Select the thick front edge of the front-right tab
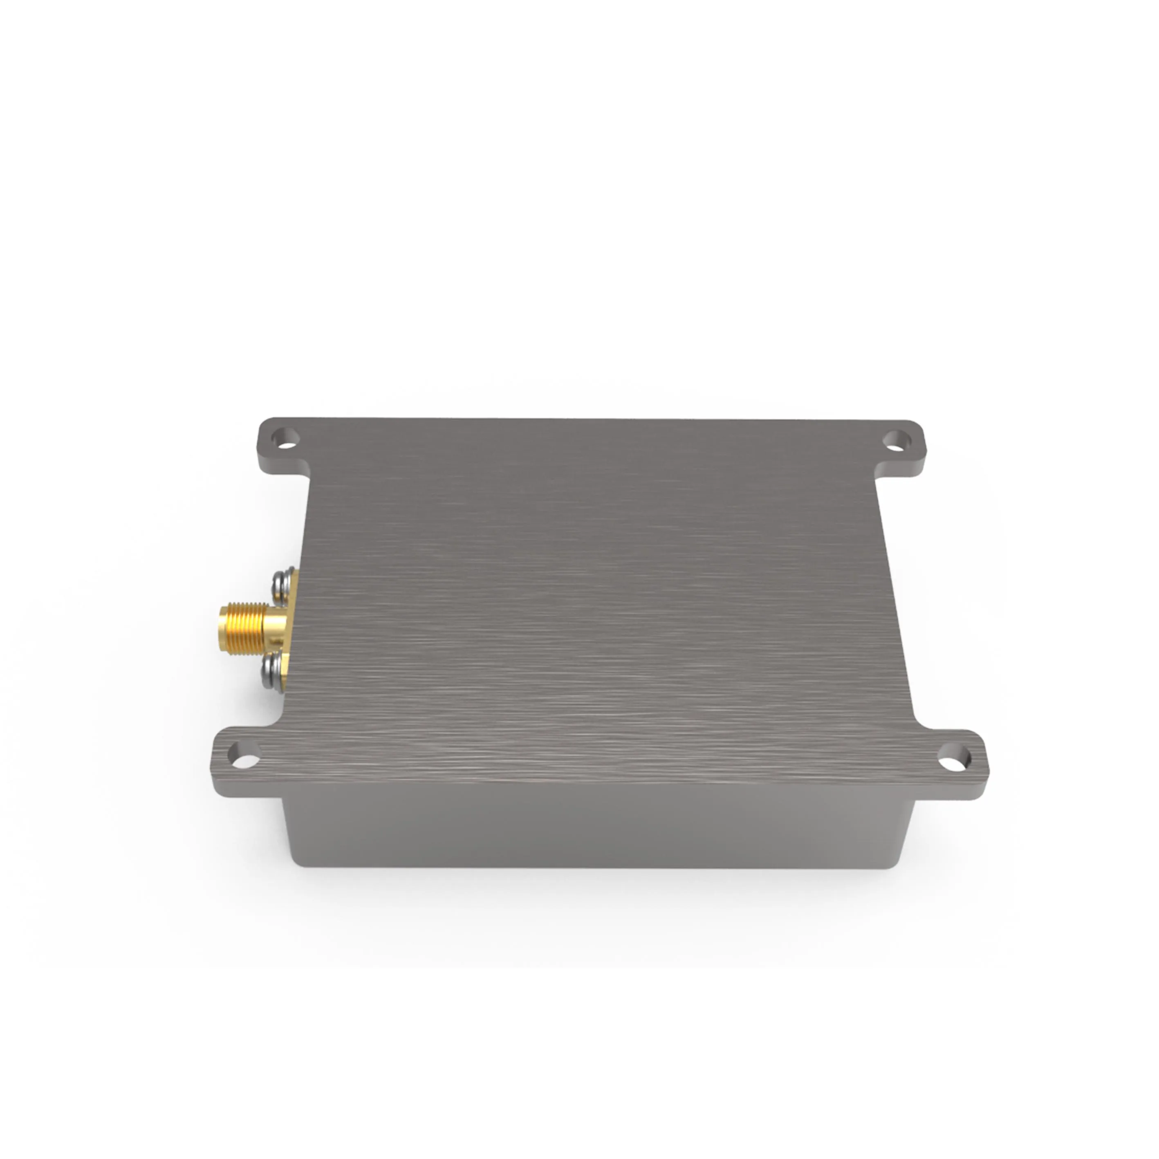click(x=954, y=789)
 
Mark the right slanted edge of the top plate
click(x=897, y=600)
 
